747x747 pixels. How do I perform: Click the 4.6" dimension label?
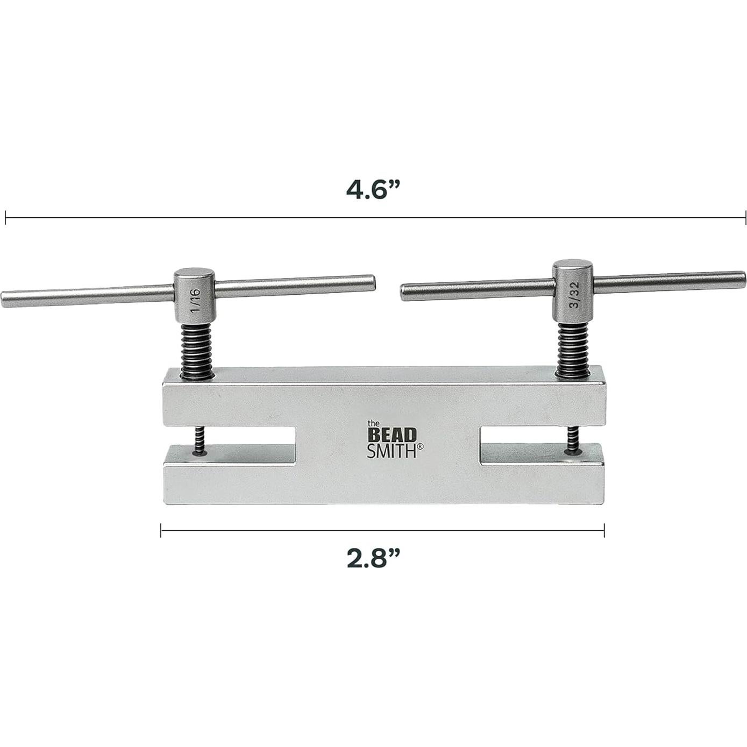tap(374, 190)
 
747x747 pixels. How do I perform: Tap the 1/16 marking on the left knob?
tap(194, 297)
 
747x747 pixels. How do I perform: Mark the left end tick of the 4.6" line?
tap(5, 218)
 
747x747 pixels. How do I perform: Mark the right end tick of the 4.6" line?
tap(745, 218)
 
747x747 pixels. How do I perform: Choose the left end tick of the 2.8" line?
tap(161, 531)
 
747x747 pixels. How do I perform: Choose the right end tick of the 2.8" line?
tap(604, 531)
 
